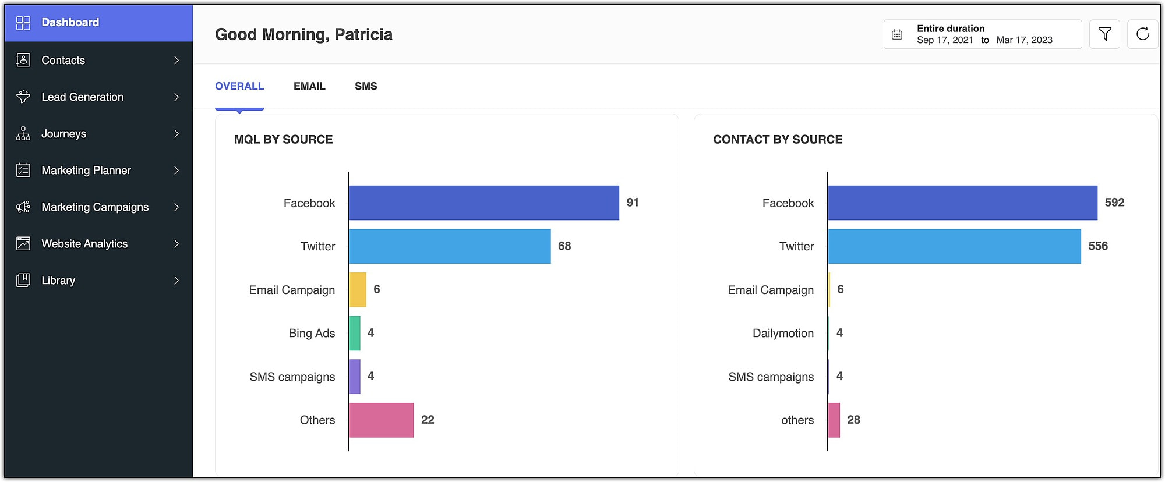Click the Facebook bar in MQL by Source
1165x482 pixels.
pos(483,203)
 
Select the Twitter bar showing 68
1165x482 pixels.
pos(450,246)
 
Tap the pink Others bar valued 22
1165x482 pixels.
pos(381,420)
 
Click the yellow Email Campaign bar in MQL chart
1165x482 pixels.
pos(358,289)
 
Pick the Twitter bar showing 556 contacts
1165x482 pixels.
pos(954,246)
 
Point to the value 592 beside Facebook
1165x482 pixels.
pos(1114,203)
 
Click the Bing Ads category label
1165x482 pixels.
pos(312,333)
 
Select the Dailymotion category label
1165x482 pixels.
pos(783,333)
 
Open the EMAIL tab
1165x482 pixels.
pos(309,86)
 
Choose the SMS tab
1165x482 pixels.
pos(366,86)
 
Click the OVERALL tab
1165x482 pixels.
pos(239,86)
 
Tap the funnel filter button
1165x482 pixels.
pos(1104,34)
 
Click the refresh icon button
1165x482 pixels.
pos(1142,34)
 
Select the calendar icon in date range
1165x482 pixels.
pos(897,35)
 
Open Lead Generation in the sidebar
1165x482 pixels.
pos(83,97)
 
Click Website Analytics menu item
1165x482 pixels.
pos(84,243)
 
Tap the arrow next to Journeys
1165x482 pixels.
pos(176,133)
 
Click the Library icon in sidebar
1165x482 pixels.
pos(23,280)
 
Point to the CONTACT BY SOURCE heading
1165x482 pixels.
pos(778,140)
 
